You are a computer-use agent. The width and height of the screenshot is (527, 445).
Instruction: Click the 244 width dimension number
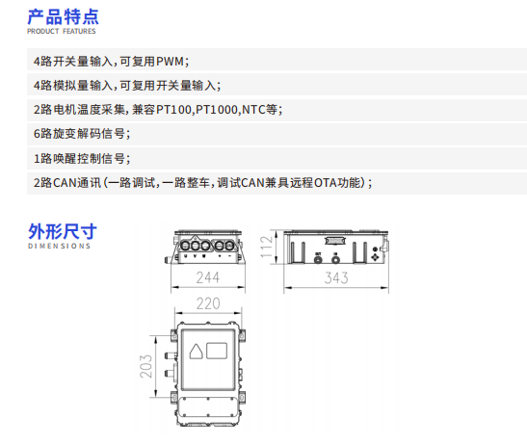point(208,277)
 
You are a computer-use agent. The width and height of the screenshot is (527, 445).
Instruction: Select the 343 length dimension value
point(336,278)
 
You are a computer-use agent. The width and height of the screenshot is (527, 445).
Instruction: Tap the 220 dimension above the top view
point(208,303)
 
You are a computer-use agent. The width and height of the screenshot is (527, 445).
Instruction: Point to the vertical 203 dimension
point(145,366)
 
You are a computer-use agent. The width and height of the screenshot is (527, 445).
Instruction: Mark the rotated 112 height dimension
point(266,247)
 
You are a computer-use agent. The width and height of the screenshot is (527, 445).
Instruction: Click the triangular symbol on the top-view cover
point(196,352)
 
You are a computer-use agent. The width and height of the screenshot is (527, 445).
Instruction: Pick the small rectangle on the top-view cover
point(217,351)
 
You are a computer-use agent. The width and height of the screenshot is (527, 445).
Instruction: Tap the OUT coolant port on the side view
point(318,259)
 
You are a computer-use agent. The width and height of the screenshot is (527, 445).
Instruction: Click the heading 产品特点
point(63,16)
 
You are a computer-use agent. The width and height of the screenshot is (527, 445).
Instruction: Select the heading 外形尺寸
point(63,231)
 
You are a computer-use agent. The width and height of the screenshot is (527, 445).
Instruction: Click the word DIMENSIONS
point(59,246)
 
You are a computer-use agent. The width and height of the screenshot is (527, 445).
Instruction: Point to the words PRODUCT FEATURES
point(62,31)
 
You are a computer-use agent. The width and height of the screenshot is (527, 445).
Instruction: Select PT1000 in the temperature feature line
point(217,110)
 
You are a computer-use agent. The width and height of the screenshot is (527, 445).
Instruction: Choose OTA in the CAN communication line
point(326,183)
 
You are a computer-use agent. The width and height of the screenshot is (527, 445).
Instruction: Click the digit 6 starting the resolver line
point(37,134)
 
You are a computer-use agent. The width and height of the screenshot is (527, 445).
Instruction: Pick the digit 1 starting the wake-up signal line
point(37,158)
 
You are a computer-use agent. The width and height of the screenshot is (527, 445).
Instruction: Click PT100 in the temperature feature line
point(173,110)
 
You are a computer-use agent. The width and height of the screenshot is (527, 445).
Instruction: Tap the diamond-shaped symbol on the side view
point(375,257)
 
